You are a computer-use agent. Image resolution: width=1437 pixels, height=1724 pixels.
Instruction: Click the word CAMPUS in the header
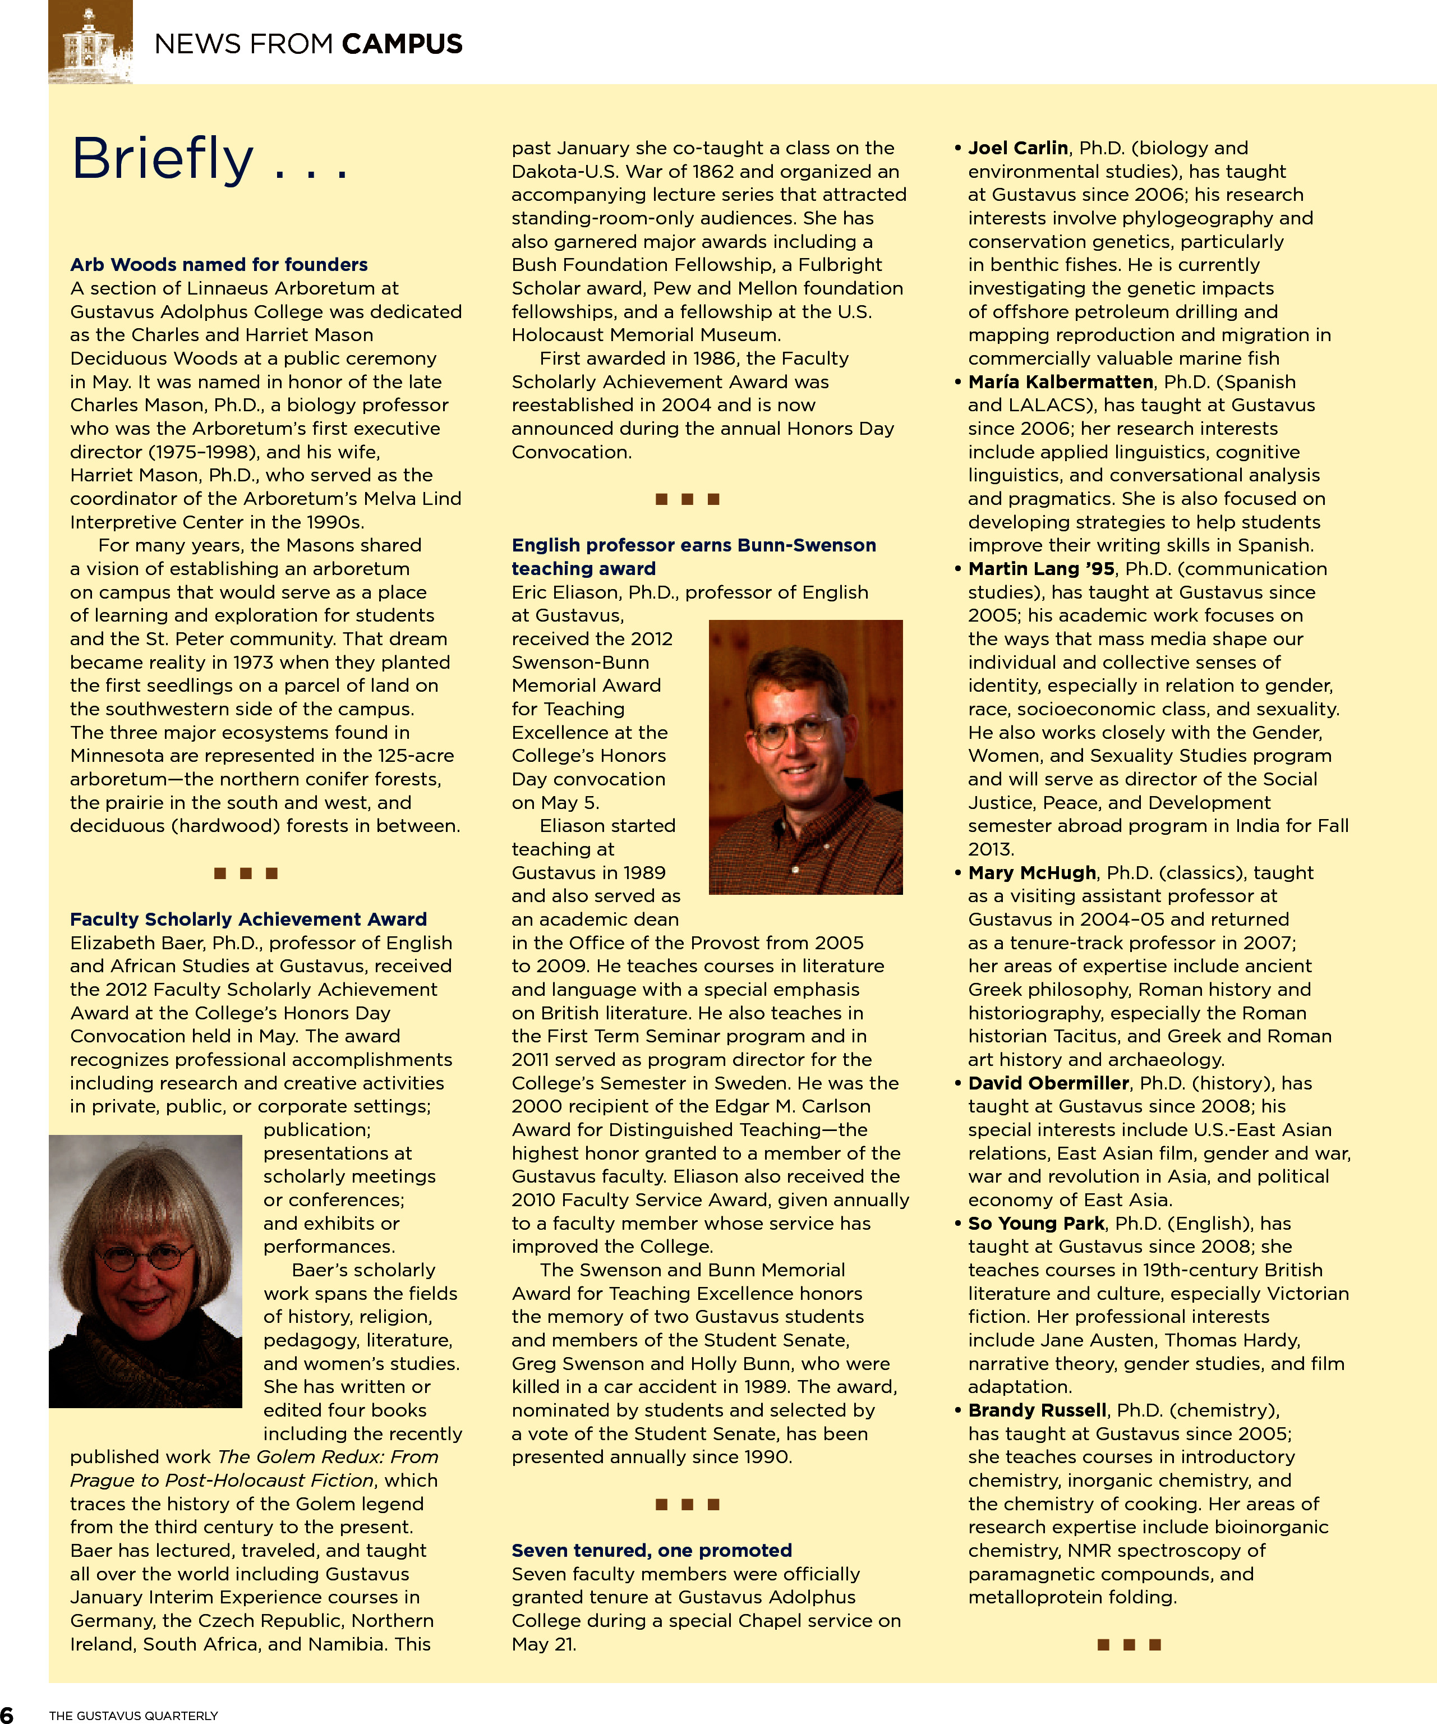point(402,44)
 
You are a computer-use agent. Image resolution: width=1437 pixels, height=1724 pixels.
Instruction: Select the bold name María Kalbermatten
point(1060,381)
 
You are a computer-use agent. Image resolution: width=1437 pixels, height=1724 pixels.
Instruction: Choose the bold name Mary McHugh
point(1031,873)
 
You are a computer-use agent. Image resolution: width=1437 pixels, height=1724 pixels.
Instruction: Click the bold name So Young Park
point(1036,1223)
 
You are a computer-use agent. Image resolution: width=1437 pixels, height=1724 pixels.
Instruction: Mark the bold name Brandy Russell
point(1037,1410)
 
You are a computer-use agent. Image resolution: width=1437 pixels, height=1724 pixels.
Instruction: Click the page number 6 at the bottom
point(7,1714)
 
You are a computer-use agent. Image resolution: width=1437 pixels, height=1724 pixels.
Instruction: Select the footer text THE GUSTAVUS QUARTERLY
point(133,1715)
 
